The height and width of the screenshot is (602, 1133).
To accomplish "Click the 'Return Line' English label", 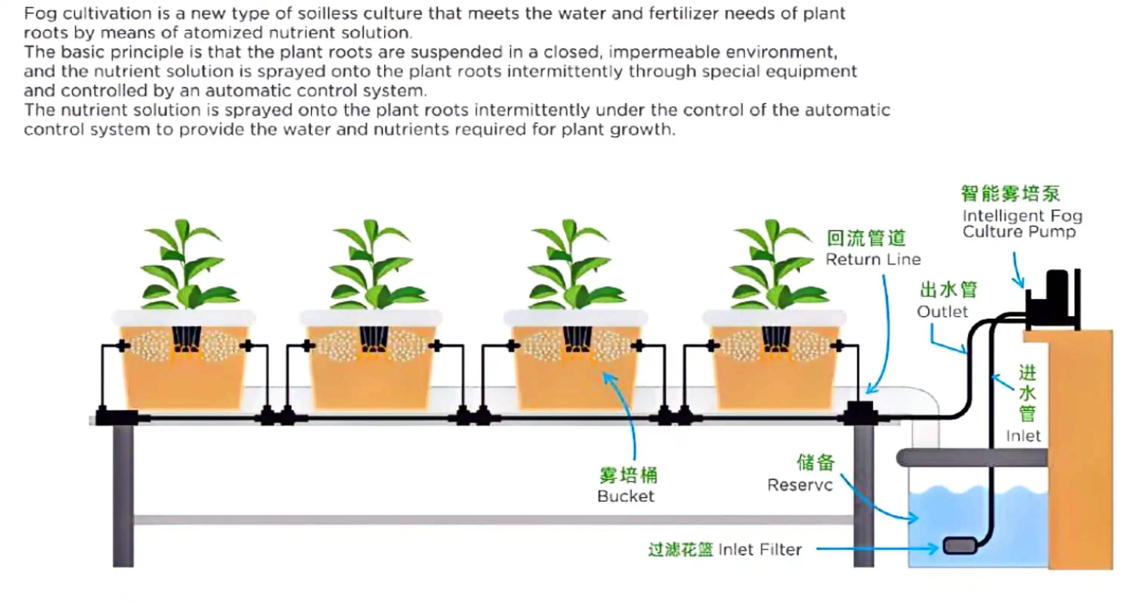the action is (x=873, y=259).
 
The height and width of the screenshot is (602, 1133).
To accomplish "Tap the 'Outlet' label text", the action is (x=942, y=312).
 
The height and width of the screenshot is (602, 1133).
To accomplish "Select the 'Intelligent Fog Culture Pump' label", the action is (x=1022, y=224).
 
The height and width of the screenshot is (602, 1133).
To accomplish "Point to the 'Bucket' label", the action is (x=625, y=496).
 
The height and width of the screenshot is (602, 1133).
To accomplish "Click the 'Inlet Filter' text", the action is (x=759, y=549).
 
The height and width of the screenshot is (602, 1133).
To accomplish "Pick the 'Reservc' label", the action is (x=800, y=485).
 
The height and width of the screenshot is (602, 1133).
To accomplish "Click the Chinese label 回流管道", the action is (x=866, y=238).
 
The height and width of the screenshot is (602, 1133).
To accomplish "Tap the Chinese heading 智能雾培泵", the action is (x=1010, y=194).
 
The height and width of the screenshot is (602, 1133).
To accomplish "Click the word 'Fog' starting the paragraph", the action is (x=40, y=14).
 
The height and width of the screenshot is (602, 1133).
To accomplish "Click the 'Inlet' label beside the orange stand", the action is (x=1023, y=436).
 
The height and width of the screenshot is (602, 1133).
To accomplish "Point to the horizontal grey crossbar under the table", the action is (x=492, y=520).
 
